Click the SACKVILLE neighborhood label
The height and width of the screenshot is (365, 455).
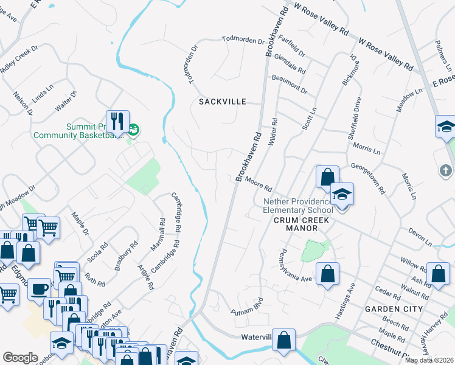[x=223, y=102]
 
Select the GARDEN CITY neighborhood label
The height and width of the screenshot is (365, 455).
[x=393, y=309]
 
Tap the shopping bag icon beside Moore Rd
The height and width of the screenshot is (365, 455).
[x=327, y=177]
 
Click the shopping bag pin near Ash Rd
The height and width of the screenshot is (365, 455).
[x=438, y=274]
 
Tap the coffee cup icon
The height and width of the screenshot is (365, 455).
[x=40, y=288]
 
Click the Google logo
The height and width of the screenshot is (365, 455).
[x=20, y=358]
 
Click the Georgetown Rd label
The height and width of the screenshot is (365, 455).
[x=369, y=178]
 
